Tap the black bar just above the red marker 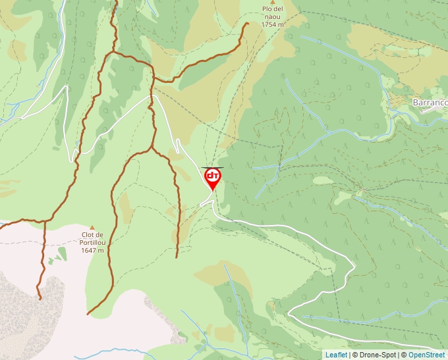tap(212, 168)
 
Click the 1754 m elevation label tap(272, 24)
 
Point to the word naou tap(272, 16)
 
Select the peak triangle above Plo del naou tap(272, 2)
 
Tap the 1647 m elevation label tap(94, 250)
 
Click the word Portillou tap(94, 242)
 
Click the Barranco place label tap(430, 103)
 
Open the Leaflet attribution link tap(336, 355)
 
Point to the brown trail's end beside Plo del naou tap(246, 24)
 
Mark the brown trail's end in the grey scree tap(40, 298)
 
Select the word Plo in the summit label tap(267, 9)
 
